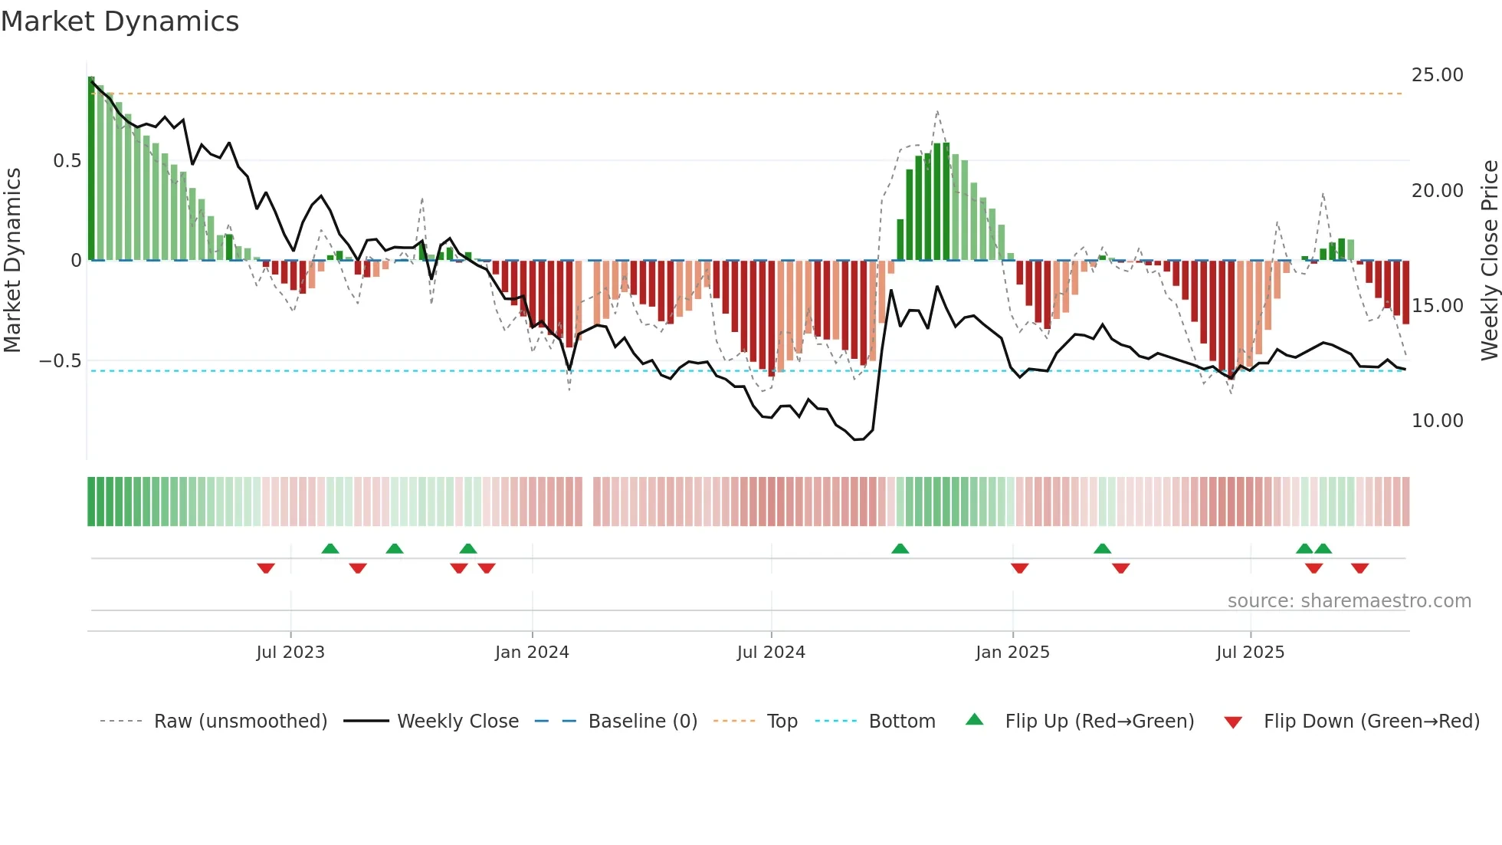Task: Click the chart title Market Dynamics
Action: tap(120, 21)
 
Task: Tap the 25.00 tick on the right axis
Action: tap(1437, 75)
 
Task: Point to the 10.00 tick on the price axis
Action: tap(1437, 421)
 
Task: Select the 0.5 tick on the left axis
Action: tap(67, 161)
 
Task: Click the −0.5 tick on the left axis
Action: tap(60, 361)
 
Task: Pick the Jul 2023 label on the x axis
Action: tap(290, 653)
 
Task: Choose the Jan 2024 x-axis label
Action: tap(532, 653)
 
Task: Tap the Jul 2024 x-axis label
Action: tap(771, 653)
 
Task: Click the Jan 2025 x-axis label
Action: tap(1012, 653)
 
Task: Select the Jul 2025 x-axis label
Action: tap(1250, 653)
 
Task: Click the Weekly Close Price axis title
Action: tap(1489, 261)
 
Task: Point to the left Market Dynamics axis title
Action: tap(12, 261)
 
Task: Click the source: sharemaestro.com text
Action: tap(1349, 601)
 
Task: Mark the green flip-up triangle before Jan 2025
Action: tap(900, 549)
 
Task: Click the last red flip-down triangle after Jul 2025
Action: tap(1360, 568)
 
